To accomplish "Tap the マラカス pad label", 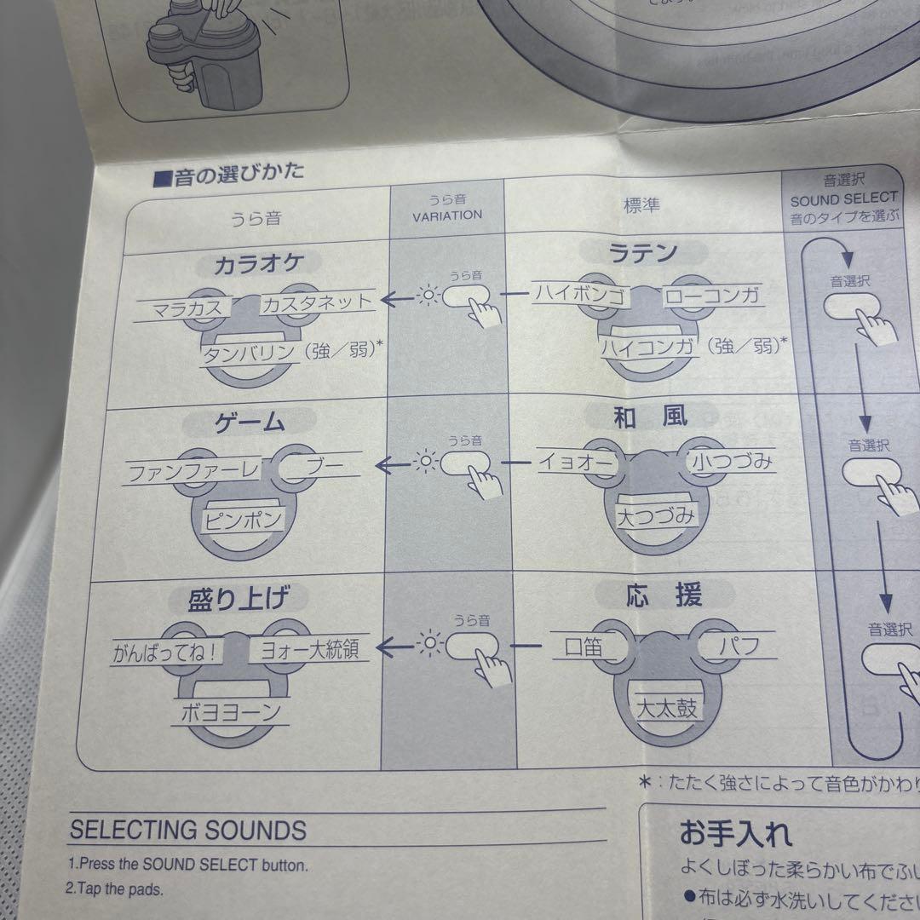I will tap(181, 308).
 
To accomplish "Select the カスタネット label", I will tap(316, 302).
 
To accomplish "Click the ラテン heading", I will tap(643, 253).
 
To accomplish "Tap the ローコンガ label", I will tap(711, 297).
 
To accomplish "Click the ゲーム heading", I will tap(248, 423).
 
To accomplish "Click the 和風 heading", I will tap(650, 417).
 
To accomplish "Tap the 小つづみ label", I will tap(732, 463).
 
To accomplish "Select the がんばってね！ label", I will tap(167, 653).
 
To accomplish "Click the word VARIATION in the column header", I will tap(447, 216).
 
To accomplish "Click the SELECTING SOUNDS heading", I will tap(187, 830).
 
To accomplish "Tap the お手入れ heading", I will tap(735, 831).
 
